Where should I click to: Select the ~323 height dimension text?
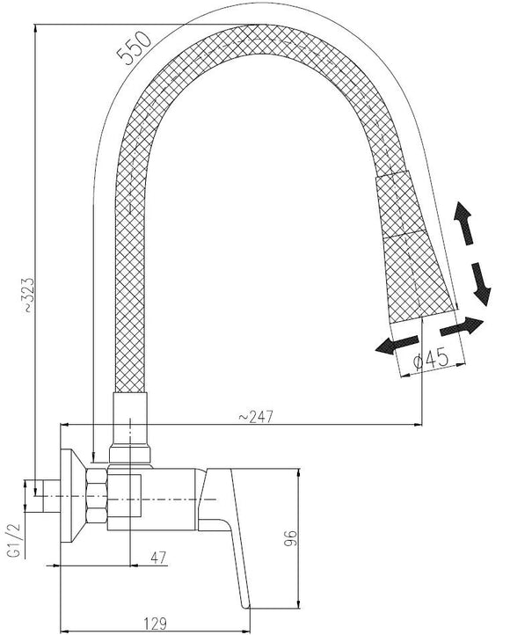click(x=30, y=296)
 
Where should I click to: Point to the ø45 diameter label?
click(x=431, y=358)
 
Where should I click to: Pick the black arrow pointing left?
click(x=393, y=344)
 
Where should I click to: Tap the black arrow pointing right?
click(x=461, y=325)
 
